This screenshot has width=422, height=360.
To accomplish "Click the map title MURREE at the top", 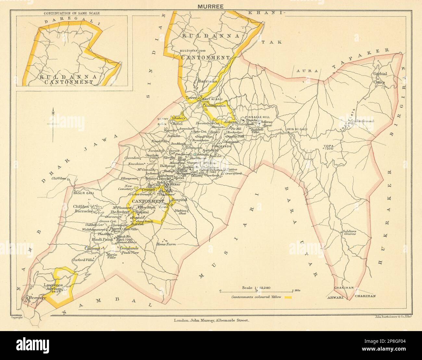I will tap(211, 6).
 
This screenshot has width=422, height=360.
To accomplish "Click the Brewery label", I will tap(36, 297).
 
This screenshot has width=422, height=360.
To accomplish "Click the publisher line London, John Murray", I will tap(211, 320).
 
